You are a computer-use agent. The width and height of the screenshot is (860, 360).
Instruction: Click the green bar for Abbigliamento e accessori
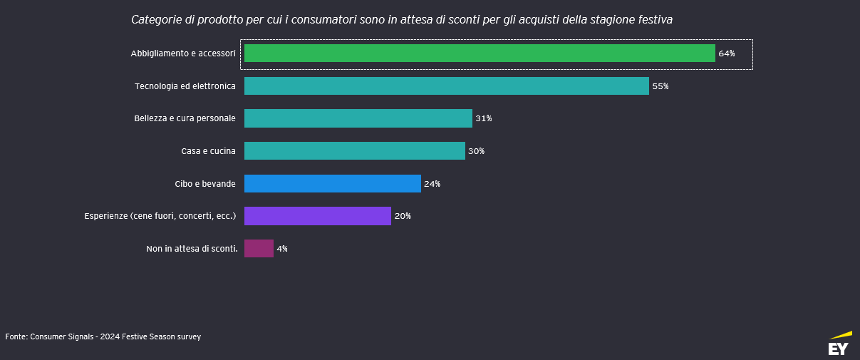point(480,53)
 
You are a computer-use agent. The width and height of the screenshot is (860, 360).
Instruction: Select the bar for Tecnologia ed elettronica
point(446,86)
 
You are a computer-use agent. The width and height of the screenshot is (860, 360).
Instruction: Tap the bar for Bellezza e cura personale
point(358,118)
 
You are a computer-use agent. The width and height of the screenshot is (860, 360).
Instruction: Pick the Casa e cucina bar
point(354,151)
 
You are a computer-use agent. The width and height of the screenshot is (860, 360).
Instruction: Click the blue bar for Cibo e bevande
point(332,183)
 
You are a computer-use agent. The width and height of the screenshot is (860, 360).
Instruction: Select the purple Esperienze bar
point(317,216)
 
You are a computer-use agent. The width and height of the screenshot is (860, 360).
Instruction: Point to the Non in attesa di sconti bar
point(259,249)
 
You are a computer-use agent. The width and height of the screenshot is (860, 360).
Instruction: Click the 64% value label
point(726,53)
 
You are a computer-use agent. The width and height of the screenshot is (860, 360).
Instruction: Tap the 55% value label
point(660,86)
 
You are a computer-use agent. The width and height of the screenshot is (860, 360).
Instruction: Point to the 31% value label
point(483,118)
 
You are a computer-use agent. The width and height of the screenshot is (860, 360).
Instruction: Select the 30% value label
point(476,151)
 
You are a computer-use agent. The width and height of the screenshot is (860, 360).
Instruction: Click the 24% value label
point(432,184)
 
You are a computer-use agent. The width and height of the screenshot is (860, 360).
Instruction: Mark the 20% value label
point(402,216)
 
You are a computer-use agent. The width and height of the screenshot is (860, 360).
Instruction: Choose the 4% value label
point(282,249)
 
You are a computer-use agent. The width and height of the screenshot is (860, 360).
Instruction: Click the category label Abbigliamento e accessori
point(182,54)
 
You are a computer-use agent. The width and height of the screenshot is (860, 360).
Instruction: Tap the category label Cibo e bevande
point(204,184)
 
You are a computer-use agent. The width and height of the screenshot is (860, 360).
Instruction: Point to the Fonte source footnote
point(103,336)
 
